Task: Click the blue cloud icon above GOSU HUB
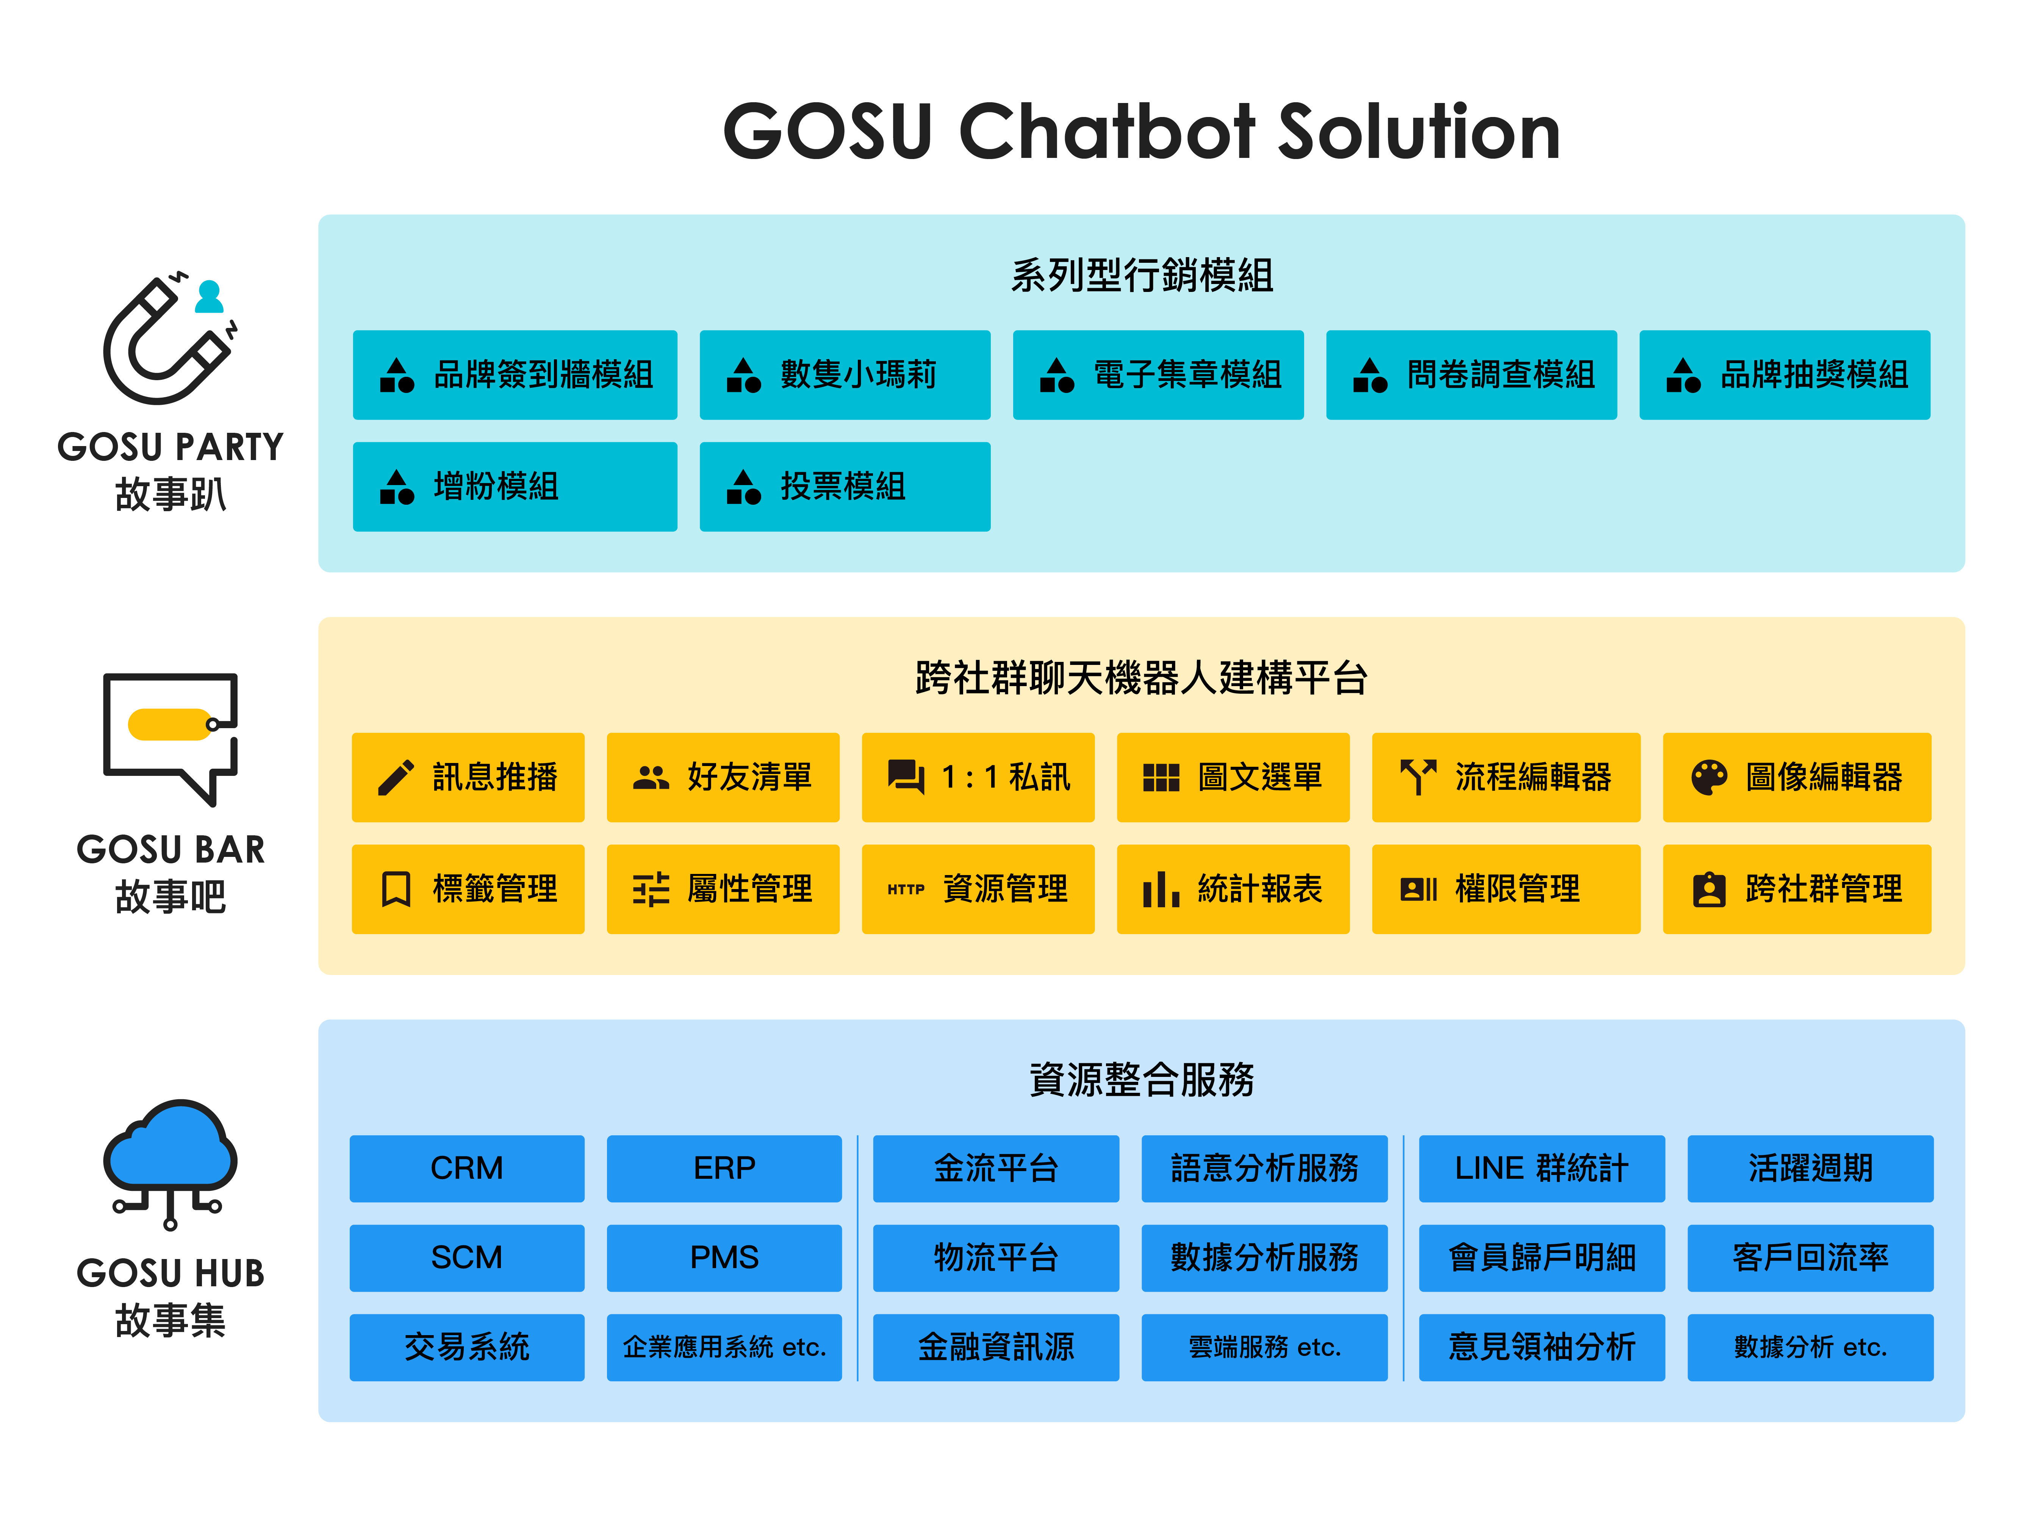click(171, 1160)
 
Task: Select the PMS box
click(724, 1258)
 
